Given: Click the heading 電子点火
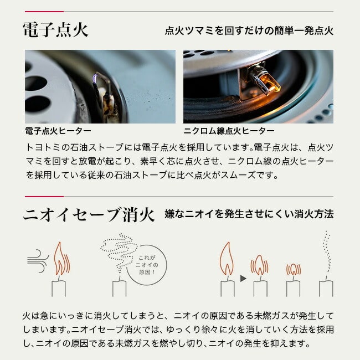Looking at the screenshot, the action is pos(55,30).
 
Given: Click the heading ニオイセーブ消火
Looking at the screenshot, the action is pos(89,214).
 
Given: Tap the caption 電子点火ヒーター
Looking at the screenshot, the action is pos(58,131).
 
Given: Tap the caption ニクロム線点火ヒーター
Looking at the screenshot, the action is pos(229,131).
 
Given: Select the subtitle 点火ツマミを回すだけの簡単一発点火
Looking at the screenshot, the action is pos(249,30).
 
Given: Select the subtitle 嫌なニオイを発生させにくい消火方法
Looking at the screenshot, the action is pos(249,214).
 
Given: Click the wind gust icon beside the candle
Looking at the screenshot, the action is pos(38,261).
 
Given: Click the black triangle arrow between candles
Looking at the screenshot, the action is pos(243,279).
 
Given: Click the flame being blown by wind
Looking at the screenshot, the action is pos(61,259).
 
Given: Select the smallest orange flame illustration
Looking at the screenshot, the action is pos(294,269).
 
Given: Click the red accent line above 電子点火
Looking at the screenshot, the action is pos(44,12).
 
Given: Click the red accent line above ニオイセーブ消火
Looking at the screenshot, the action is pos(44,197).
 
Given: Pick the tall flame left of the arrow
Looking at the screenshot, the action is pos(227,259).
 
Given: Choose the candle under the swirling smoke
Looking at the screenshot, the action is pos(120,287).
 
